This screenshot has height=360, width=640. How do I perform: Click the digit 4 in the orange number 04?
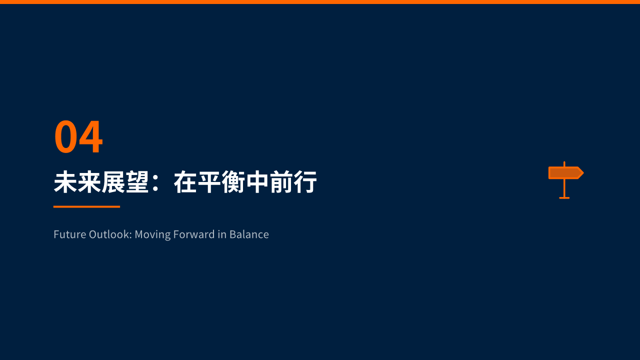click(91, 136)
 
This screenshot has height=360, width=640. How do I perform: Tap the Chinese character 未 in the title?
click(65, 182)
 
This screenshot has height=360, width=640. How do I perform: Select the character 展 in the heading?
click(113, 182)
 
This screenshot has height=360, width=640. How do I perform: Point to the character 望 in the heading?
click(137, 182)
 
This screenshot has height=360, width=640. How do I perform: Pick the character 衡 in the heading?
click(233, 182)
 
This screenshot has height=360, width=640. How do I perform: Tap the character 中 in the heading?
click(257, 182)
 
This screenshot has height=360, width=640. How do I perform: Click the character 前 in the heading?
click(281, 182)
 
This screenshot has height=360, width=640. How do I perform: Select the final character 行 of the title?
click(305, 182)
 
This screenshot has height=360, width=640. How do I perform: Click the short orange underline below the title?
click(86, 206)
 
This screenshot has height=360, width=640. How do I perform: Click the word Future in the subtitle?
click(69, 234)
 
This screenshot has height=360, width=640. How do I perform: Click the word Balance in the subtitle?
click(249, 234)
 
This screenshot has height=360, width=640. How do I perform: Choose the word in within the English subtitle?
click(222, 234)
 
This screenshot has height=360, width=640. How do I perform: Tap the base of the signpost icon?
click(564, 197)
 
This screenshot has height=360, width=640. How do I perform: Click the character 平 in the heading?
click(209, 182)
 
